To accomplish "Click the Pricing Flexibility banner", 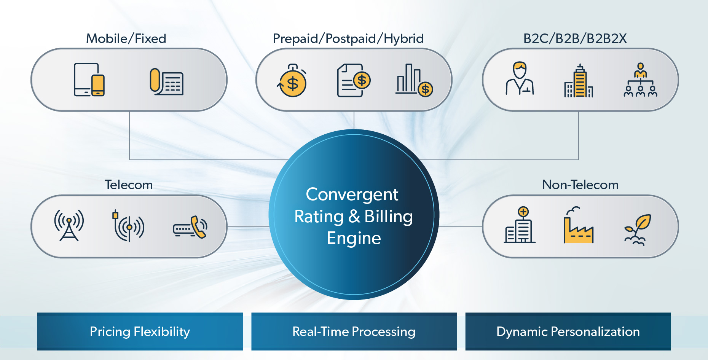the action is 140,331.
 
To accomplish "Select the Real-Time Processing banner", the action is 354,331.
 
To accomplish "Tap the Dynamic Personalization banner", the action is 568,331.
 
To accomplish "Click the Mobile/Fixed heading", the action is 126,38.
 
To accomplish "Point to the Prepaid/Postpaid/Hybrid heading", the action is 348,39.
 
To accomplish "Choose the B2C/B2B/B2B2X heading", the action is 575,38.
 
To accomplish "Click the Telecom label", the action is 129,185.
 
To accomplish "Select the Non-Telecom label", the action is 580,185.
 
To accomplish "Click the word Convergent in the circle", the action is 352,194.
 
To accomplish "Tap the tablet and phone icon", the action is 89,80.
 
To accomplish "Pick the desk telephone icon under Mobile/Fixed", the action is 166,81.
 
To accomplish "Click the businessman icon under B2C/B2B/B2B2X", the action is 520,78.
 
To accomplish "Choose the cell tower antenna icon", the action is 69,225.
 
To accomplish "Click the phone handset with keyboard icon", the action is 190,227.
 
